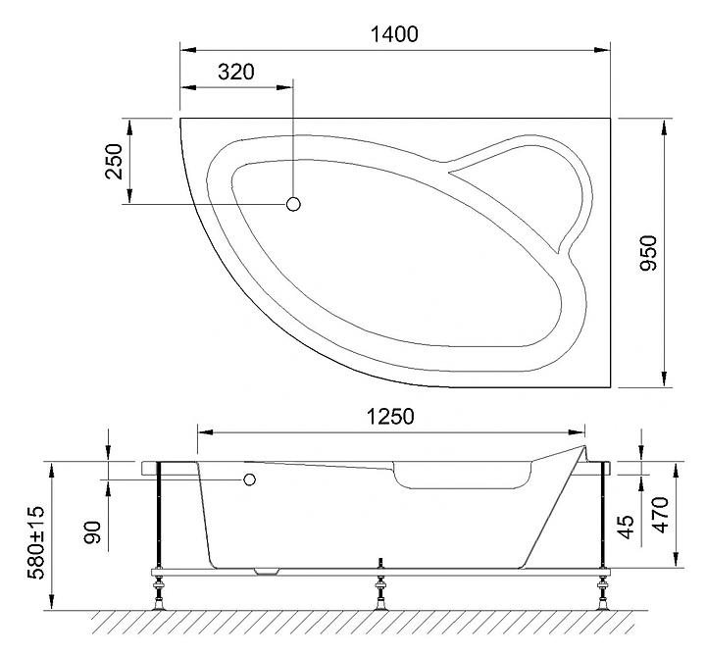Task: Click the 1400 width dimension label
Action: tap(394, 34)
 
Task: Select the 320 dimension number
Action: tap(236, 72)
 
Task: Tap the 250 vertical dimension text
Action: tap(114, 161)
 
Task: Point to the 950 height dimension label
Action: tap(649, 253)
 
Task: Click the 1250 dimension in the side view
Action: tap(390, 417)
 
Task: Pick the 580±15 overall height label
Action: tap(35, 542)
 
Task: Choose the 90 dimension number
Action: tap(93, 531)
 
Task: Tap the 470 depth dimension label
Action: tap(660, 515)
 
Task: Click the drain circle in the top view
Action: tap(293, 204)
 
